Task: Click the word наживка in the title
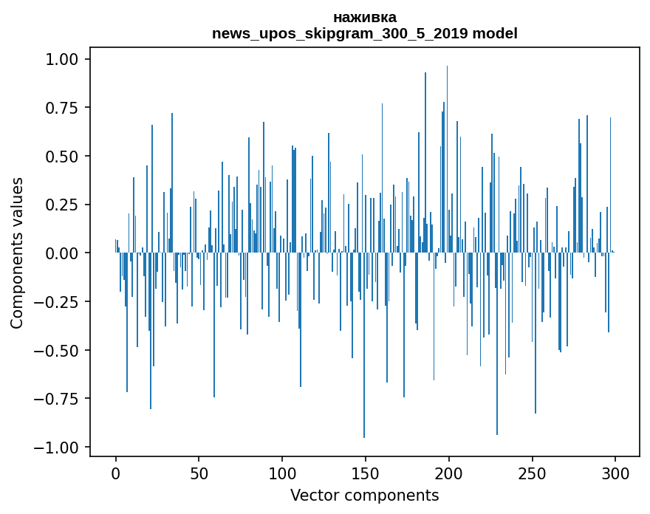click(x=365, y=18)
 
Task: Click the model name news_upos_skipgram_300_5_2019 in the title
click(x=340, y=33)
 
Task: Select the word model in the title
click(x=495, y=32)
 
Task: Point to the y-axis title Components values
click(x=16, y=253)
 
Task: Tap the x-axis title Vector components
click(x=364, y=495)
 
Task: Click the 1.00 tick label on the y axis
click(x=61, y=59)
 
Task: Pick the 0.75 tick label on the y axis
click(x=61, y=108)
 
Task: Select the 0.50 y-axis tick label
click(x=61, y=157)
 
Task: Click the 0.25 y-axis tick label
click(x=61, y=205)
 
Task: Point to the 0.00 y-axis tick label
click(x=61, y=253)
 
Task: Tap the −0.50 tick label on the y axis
click(x=56, y=350)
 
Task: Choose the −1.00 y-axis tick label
click(x=56, y=448)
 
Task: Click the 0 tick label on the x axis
click(x=116, y=473)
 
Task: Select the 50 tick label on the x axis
click(x=199, y=473)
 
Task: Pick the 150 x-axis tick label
click(x=365, y=473)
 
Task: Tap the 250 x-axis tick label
click(x=532, y=473)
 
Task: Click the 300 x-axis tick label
click(x=615, y=473)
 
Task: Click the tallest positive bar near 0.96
click(x=447, y=160)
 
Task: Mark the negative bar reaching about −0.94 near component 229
click(x=497, y=343)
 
